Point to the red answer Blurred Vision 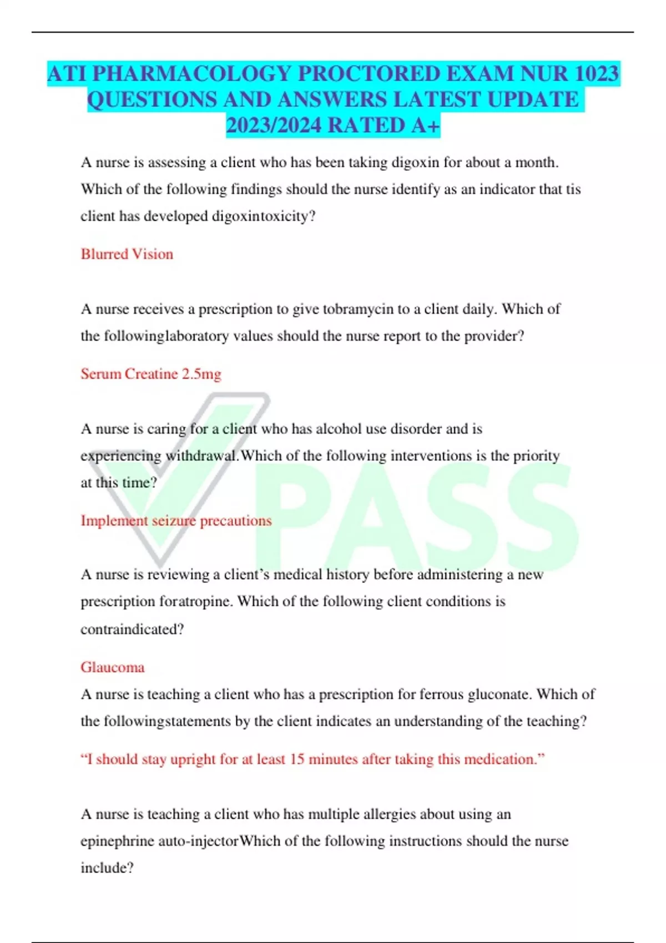127,254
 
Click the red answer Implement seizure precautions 176,521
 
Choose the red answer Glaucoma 113,667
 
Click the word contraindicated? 132,630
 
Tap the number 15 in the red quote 297,759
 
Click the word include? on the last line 107,868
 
